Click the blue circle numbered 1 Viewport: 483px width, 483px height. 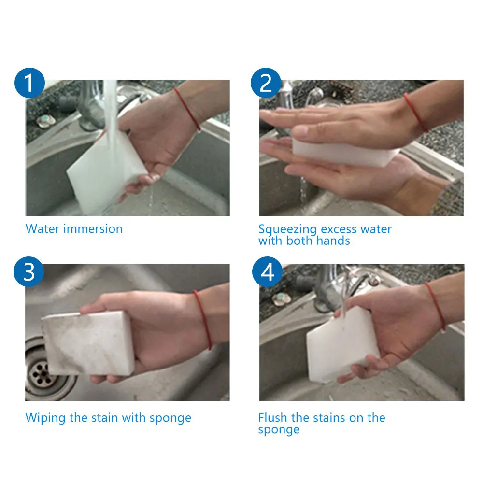(29, 83)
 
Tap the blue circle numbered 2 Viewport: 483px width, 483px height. (266, 83)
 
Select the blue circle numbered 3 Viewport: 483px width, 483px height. (29, 271)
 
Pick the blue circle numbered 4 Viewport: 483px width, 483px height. (267, 271)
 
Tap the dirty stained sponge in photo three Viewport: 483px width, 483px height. (88, 342)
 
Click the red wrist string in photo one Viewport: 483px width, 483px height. (187, 108)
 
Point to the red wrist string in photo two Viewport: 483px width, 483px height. (416, 113)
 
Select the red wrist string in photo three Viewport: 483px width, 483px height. (203, 319)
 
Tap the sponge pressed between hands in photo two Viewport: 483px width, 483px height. (345, 152)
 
